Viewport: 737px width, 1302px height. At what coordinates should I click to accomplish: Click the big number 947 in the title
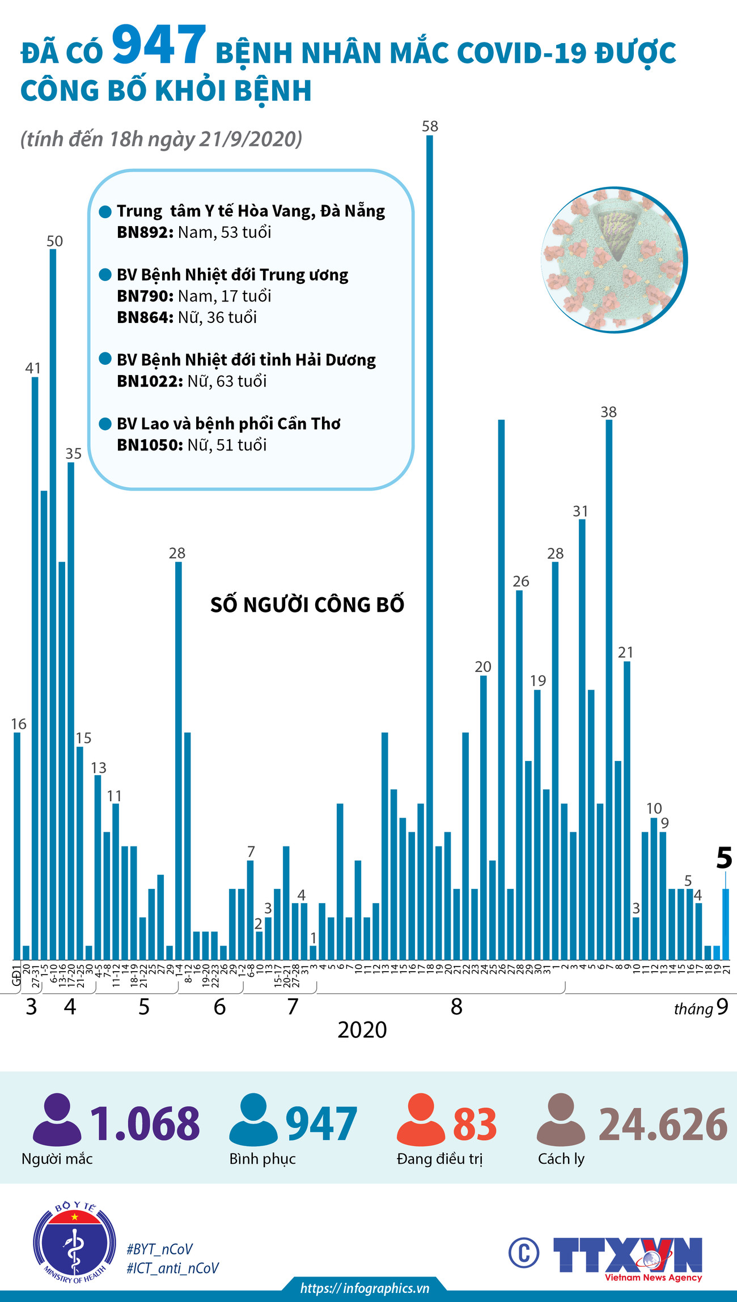click(x=158, y=45)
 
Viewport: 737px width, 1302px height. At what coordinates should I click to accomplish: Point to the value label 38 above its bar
click(x=608, y=412)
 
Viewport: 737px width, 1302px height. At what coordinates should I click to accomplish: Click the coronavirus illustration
click(x=614, y=259)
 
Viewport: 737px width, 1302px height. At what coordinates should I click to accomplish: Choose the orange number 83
click(x=475, y=1125)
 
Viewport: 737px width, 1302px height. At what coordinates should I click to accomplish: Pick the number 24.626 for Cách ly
click(x=663, y=1125)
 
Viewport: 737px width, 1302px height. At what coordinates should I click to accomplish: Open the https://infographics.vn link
click(x=365, y=1288)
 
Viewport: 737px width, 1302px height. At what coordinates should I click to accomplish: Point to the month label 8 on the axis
click(x=456, y=1007)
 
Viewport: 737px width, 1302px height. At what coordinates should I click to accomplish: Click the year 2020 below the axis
click(x=362, y=1030)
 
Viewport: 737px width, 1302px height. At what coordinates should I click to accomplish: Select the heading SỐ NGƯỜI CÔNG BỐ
click(x=307, y=605)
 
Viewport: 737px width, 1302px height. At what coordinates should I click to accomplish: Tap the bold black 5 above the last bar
click(x=724, y=858)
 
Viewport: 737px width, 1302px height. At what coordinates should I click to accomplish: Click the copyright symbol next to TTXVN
click(x=523, y=1253)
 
